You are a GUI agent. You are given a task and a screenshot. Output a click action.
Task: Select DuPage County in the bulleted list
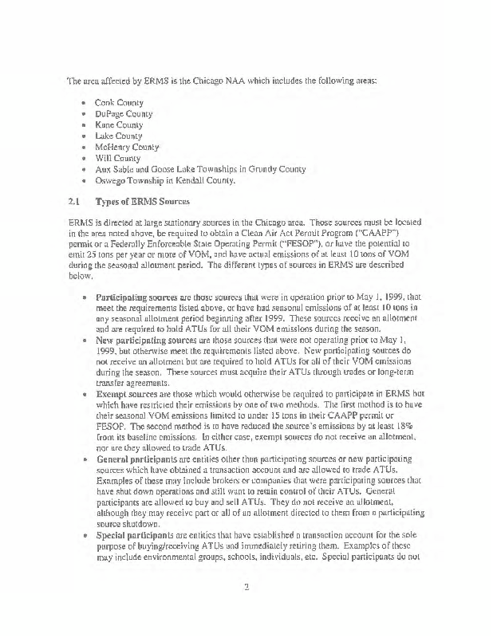(124, 114)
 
